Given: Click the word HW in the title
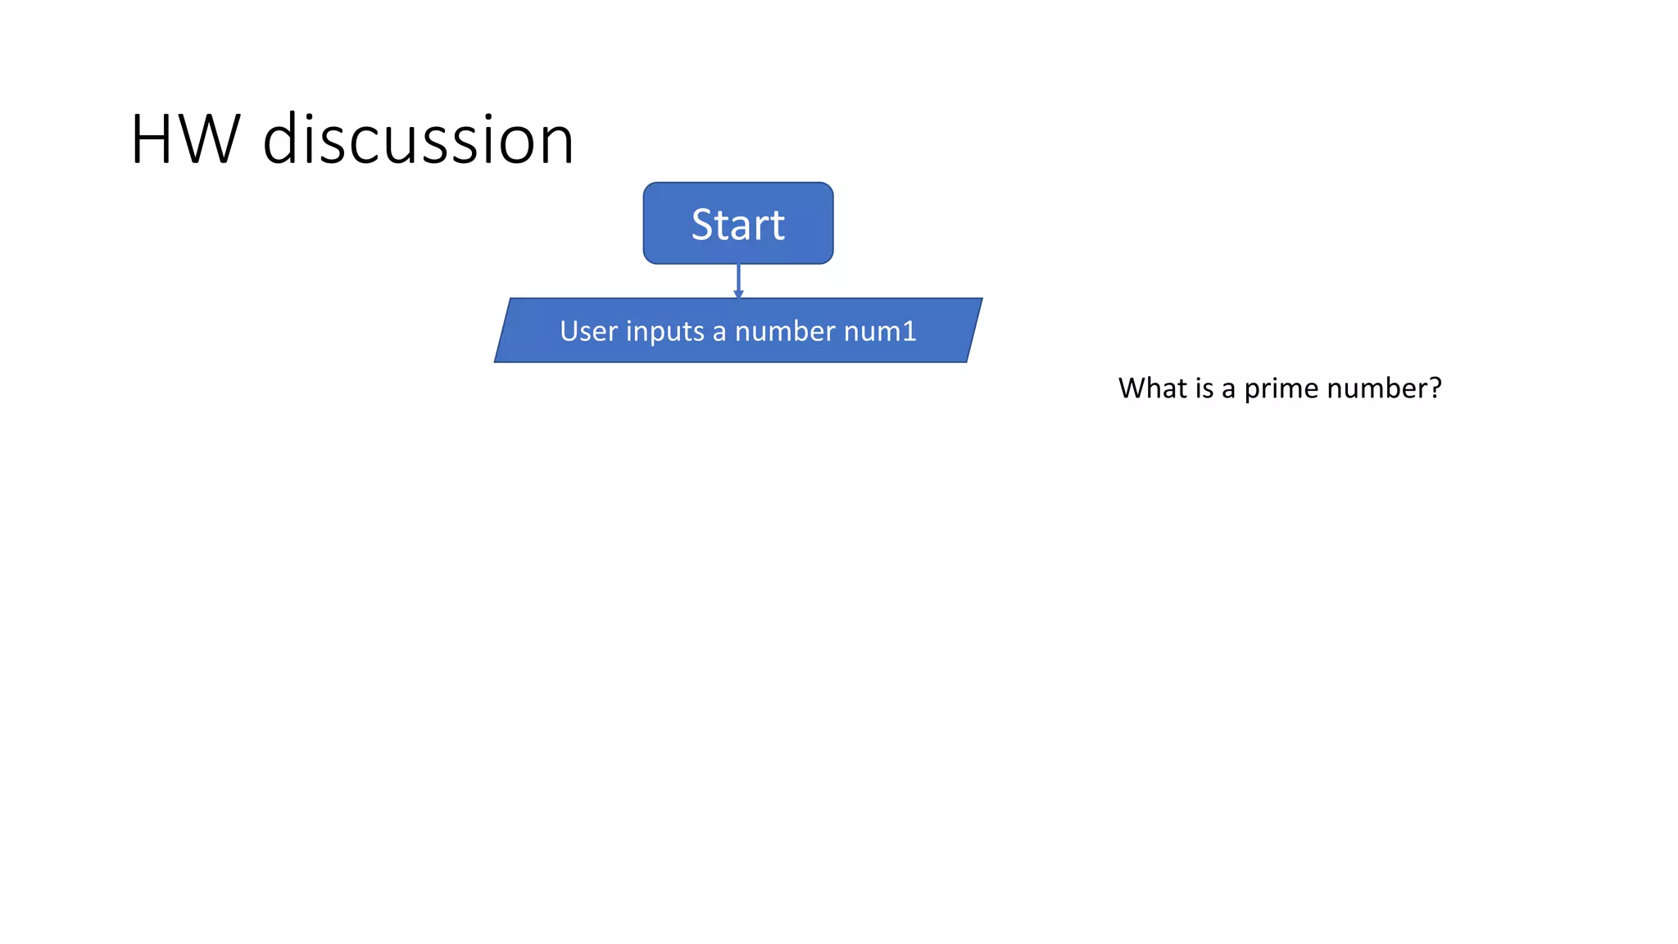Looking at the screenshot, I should click(185, 140).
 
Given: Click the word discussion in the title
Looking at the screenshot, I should click(418, 140).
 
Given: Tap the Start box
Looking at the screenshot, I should click(737, 224).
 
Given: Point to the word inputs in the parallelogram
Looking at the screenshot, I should click(664, 332).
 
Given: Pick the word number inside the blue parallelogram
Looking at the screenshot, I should click(785, 331).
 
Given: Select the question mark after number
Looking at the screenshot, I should click(1435, 388).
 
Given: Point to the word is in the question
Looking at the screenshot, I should click(1204, 388).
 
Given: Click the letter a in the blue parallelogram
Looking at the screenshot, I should click(719, 333).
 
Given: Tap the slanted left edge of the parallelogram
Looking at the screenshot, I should click(502, 330).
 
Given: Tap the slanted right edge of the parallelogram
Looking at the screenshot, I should click(974, 330).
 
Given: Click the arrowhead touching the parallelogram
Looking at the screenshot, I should click(738, 294).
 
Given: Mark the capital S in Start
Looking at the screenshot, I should click(703, 225).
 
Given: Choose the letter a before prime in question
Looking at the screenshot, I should click(1228, 389).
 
